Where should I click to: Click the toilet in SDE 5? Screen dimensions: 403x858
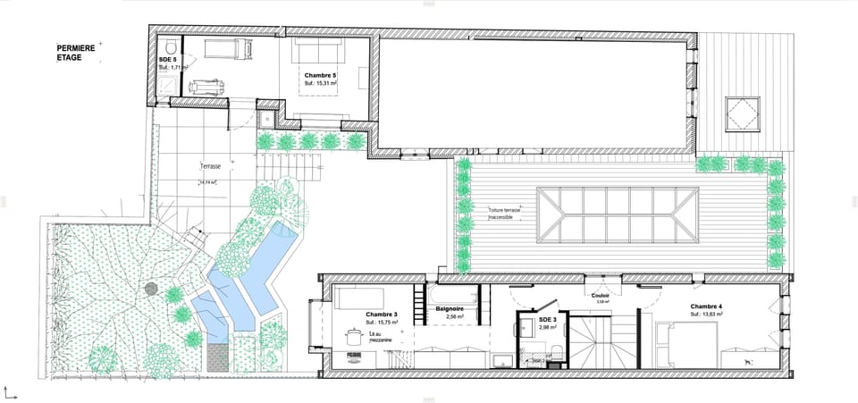[x=169, y=46]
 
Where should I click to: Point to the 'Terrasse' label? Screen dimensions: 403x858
[x=211, y=166]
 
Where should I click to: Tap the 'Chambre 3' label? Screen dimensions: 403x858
[x=381, y=315]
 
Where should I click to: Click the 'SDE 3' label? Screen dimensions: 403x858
[x=548, y=320]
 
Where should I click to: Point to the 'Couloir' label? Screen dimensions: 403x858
[x=601, y=295]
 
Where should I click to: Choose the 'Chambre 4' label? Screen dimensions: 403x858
[x=706, y=306]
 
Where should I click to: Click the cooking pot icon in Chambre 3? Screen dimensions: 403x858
[x=351, y=336]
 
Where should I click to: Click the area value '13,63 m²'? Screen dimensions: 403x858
[x=706, y=315]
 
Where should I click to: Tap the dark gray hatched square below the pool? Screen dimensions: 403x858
[x=217, y=357]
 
